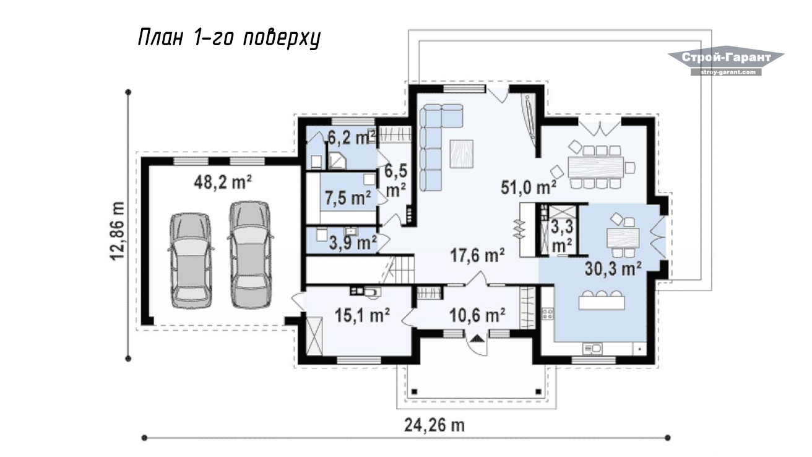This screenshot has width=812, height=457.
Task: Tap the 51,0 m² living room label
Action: tap(529, 187)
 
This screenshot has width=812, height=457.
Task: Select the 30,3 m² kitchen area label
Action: tap(613, 269)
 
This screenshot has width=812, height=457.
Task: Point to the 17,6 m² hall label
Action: tap(477, 255)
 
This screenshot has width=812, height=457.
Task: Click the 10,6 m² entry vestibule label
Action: tap(477, 315)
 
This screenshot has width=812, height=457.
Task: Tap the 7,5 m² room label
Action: tap(348, 198)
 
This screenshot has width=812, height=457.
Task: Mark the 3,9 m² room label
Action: tap(353, 242)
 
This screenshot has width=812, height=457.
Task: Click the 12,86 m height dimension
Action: tap(117, 231)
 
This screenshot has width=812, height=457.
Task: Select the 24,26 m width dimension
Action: tap(434, 425)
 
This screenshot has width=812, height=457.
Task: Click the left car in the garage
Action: tap(191, 261)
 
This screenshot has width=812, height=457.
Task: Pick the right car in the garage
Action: tap(250, 255)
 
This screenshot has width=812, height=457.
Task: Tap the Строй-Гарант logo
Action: tap(726, 61)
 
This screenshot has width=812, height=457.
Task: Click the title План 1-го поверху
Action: tap(229, 38)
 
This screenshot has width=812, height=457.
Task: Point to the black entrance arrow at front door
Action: tap(477, 338)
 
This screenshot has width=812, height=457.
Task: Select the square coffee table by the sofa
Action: tap(462, 154)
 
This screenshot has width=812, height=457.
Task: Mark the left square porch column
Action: tap(414, 392)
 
